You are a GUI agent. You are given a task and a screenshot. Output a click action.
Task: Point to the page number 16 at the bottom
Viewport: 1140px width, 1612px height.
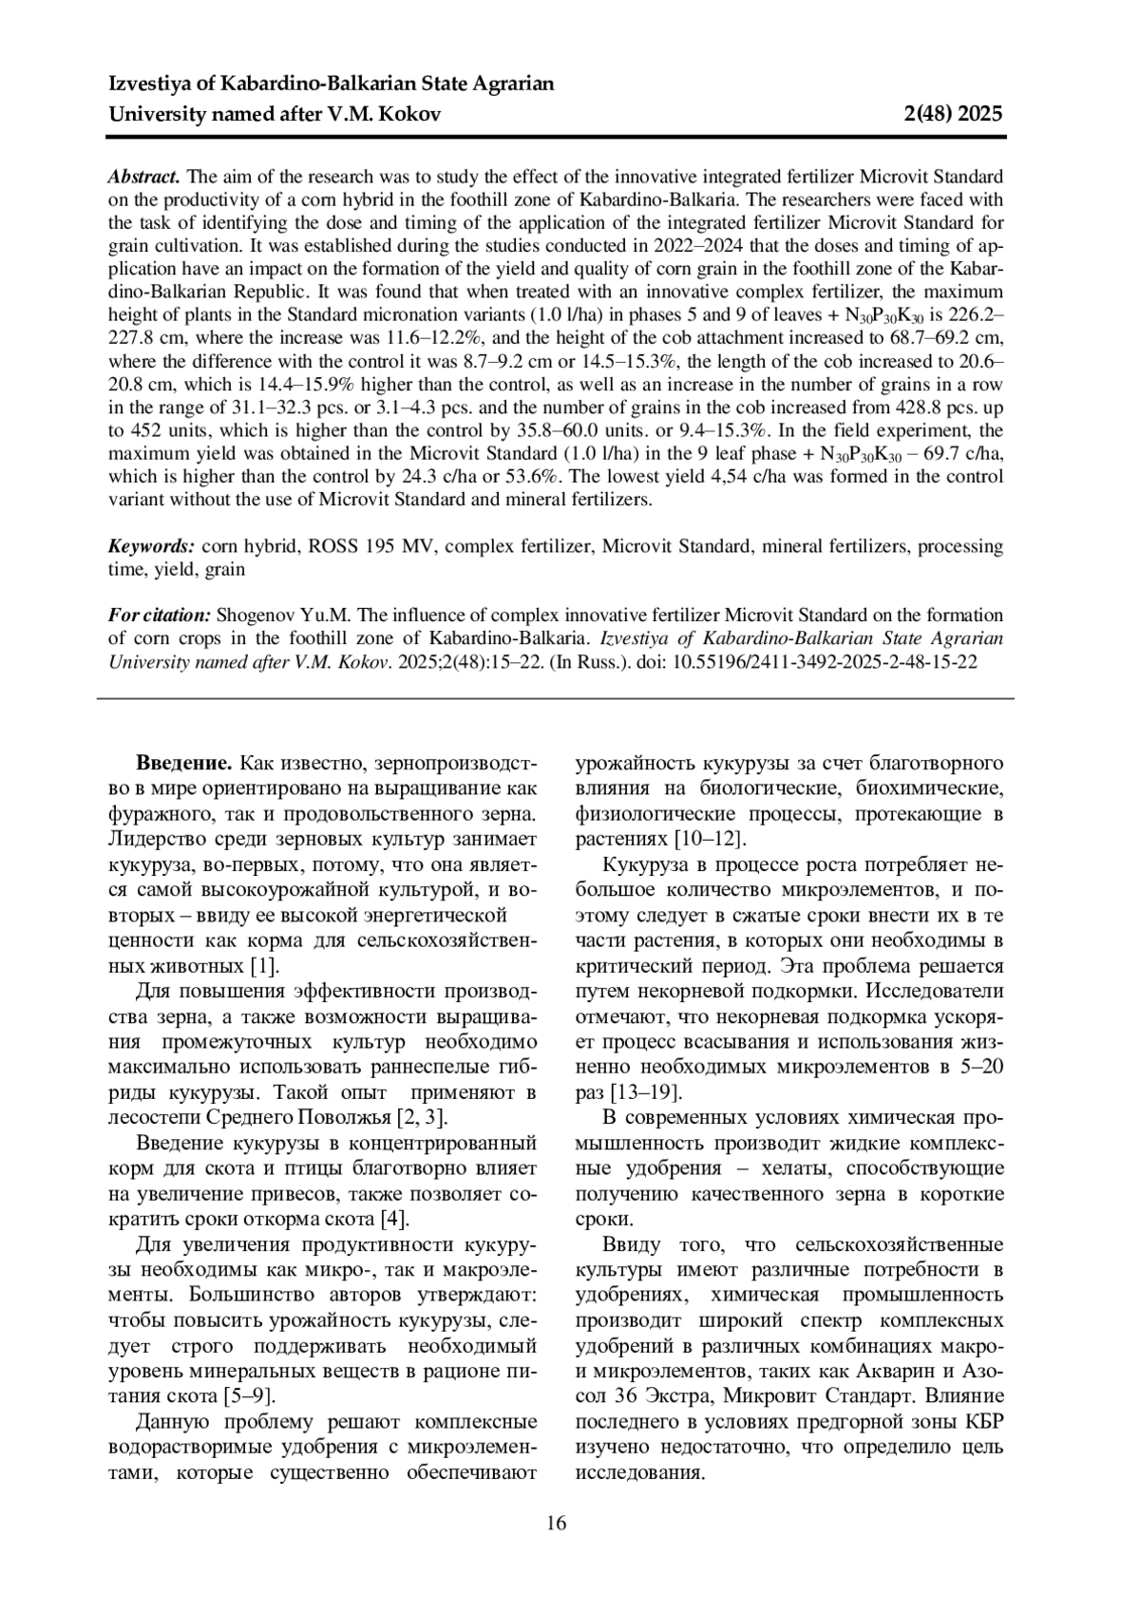coord(557,1524)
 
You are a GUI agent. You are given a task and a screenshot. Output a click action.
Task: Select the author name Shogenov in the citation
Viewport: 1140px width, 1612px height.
coord(256,615)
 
